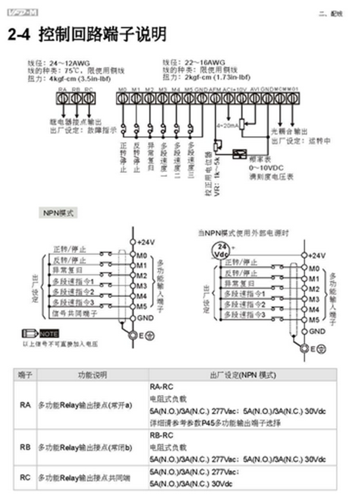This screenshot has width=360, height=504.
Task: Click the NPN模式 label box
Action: click(x=58, y=213)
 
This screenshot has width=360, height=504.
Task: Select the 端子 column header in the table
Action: click(x=25, y=375)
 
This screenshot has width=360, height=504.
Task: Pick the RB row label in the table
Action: click(x=25, y=448)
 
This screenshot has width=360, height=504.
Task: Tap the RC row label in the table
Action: click(x=25, y=478)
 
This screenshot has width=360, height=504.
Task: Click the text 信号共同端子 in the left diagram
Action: click(x=75, y=314)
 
